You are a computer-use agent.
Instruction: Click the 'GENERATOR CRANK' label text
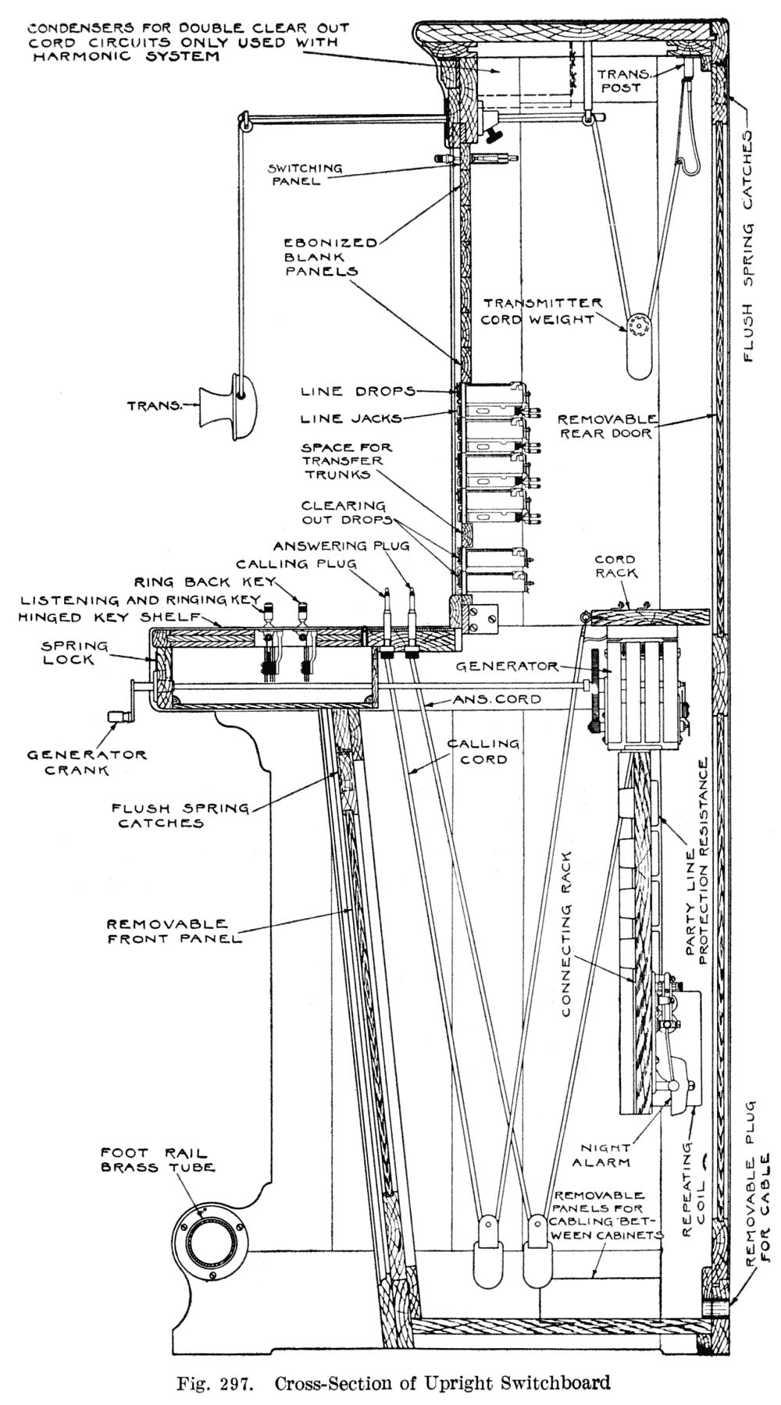87,762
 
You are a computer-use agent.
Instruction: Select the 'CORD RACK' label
615,566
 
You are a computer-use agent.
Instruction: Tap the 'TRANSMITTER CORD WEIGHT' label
542,311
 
